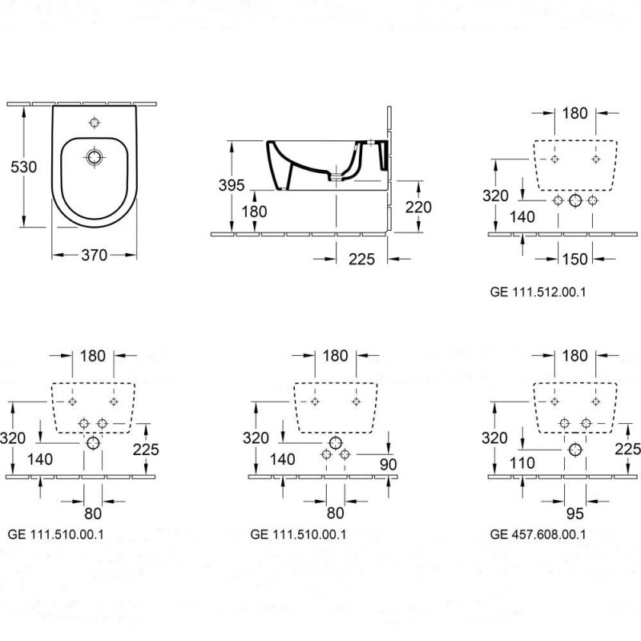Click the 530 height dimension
pos(22,167)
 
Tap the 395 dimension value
pos(232,184)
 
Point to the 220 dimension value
pos(417,207)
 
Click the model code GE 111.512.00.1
pos(538,292)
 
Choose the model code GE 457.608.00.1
pos(538,534)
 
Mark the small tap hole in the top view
pos(95,123)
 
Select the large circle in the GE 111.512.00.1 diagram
pos(575,201)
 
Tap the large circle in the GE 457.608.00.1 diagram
pos(574,450)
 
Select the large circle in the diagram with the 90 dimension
pos(335,443)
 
